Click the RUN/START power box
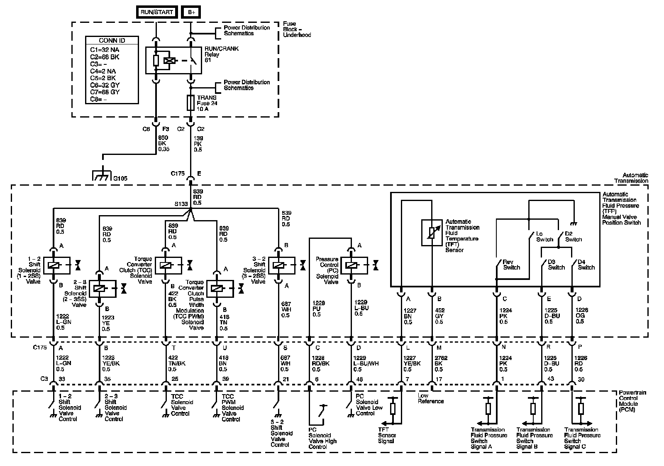coord(156,12)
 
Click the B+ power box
coord(191,12)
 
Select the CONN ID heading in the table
coord(112,41)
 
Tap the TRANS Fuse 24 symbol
coord(190,103)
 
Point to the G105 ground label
coord(120,179)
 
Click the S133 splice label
coord(181,204)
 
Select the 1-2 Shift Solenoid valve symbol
coord(54,265)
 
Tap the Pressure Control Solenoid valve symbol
coord(351,265)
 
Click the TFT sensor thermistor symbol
coord(432,233)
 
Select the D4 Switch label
coord(586,265)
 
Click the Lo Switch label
coord(544,237)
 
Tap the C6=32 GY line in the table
coord(105,85)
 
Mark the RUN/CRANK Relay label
coord(222,54)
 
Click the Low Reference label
coord(430,399)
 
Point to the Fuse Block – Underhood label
coord(297,29)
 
